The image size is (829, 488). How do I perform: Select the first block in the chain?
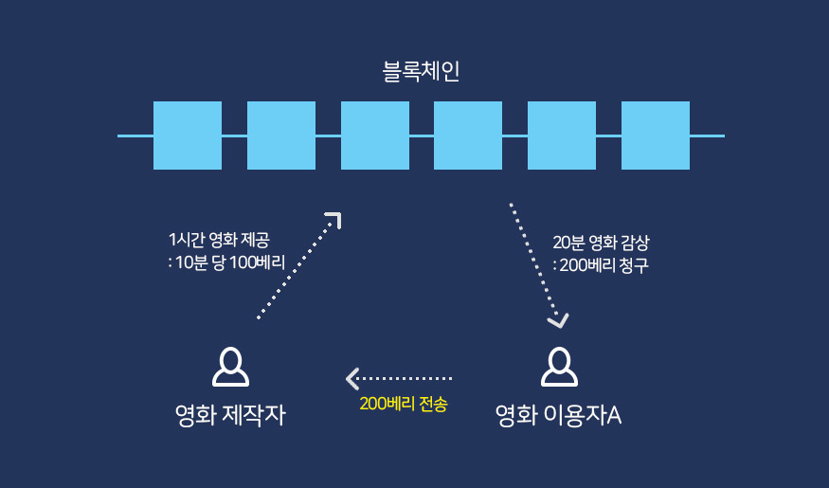click(x=188, y=136)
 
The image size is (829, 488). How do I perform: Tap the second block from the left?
click(x=281, y=136)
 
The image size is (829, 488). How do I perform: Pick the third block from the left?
click(x=374, y=136)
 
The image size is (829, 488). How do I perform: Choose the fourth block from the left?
click(x=468, y=136)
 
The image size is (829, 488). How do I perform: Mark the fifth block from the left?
click(x=562, y=136)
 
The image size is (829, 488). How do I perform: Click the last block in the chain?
click(x=656, y=136)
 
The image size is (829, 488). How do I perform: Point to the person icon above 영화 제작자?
click(x=230, y=367)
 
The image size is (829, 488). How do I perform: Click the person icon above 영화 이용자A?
click(x=558, y=367)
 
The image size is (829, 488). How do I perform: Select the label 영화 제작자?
click(x=230, y=414)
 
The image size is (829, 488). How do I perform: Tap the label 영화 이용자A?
click(x=558, y=414)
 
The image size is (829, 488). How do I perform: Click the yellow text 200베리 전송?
click(x=403, y=404)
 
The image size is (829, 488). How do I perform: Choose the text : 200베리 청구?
click(x=601, y=265)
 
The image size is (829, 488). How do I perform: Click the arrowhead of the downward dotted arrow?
click(x=558, y=320)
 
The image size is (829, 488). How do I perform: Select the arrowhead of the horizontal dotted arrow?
click(x=351, y=378)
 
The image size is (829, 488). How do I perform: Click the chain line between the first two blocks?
click(x=234, y=136)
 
